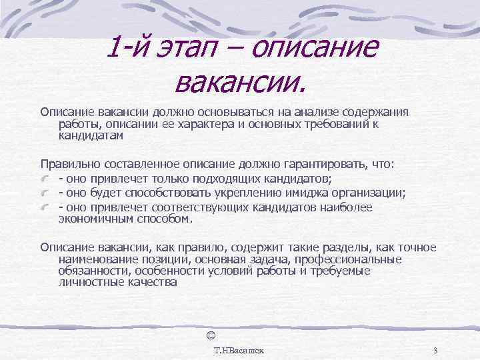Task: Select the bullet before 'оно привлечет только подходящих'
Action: tap(45, 179)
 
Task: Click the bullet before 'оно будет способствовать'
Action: tap(45, 193)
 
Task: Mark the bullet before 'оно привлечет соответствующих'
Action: tap(45, 208)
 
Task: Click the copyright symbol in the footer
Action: tap(211, 333)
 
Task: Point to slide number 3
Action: tap(435, 350)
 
